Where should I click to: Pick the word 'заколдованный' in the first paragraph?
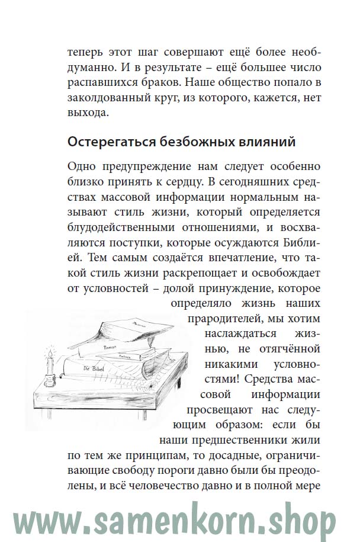click(x=110, y=97)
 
